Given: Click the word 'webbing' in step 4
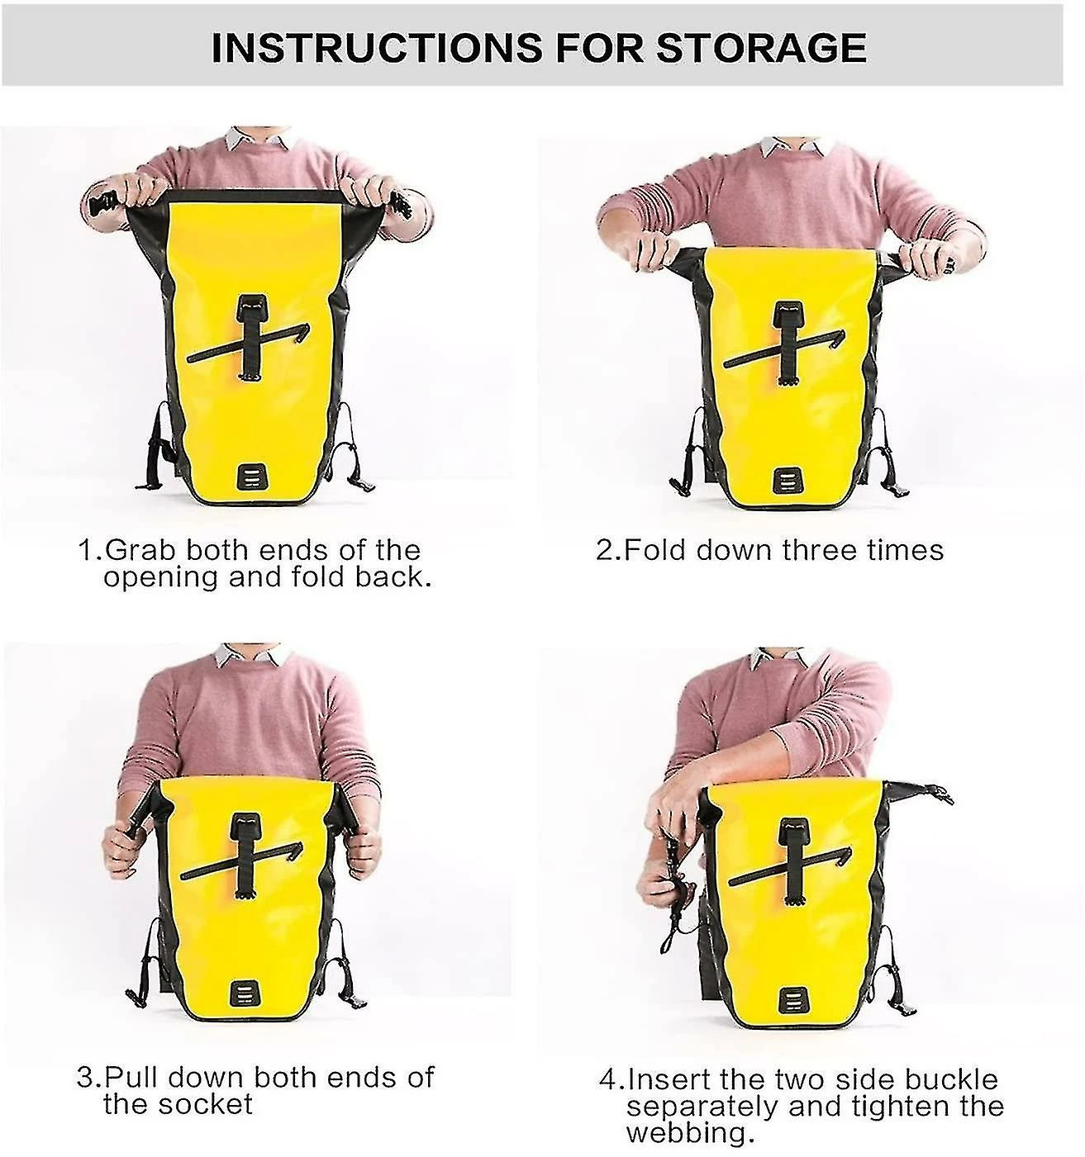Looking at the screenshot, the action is (686, 1134).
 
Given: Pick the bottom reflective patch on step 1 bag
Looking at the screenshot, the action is (252, 477).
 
